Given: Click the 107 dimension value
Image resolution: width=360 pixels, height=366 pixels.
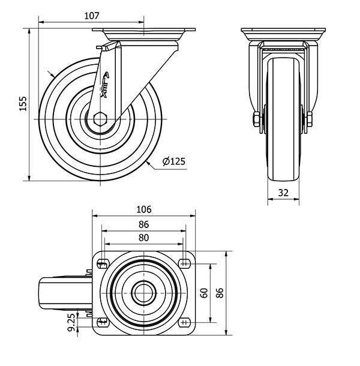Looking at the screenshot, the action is (92, 16).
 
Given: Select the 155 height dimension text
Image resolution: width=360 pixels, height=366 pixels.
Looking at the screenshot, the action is (23, 103).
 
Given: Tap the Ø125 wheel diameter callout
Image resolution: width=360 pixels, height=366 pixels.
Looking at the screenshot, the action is (174, 161).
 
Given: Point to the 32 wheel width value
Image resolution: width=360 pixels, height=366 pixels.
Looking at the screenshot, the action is (283, 193).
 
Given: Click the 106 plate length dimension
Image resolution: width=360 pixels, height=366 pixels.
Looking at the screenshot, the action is (144, 209).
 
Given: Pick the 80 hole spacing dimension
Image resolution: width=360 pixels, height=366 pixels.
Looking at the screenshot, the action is (143, 238).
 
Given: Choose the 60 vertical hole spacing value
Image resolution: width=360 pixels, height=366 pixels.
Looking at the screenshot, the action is (204, 293).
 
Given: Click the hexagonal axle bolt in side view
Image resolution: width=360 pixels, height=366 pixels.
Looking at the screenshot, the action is (100, 119).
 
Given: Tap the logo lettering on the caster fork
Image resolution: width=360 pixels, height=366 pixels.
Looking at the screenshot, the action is (105, 85).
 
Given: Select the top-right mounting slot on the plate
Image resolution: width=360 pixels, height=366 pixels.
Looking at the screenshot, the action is (184, 264).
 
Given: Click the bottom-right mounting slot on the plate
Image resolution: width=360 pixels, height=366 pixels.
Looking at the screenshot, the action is (184, 322).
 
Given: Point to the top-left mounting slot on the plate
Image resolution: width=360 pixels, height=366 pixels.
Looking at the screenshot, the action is (103, 264).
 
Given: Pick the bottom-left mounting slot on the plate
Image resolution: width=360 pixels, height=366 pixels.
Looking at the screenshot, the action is (103, 322).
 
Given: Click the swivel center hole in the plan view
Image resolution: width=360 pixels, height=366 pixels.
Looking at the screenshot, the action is (144, 293).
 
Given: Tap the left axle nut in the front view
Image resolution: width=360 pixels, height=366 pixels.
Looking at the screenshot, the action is (256, 119).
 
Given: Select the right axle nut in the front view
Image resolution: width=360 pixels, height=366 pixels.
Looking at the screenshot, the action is (310, 119).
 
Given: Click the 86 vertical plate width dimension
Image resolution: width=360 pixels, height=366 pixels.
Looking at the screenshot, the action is (220, 293).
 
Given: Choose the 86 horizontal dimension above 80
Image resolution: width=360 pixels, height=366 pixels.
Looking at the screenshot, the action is (143, 224).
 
